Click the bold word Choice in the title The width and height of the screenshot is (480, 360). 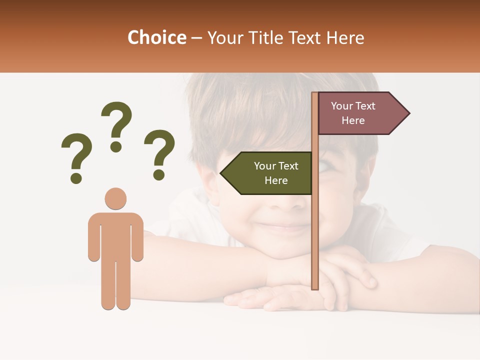[156, 37]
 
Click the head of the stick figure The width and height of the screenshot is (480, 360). [115, 198]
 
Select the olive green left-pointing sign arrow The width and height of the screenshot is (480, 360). [267, 173]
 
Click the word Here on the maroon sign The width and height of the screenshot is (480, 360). [353, 120]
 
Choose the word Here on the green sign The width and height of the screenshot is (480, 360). [276, 180]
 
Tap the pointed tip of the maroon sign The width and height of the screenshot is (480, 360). [408, 113]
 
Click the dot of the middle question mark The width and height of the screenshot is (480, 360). [116, 147]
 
